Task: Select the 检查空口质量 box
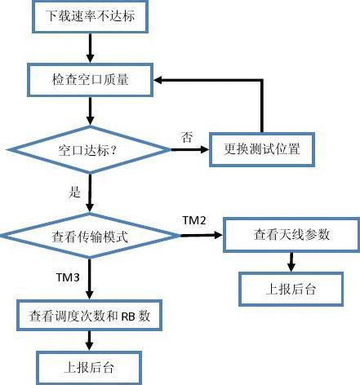click(90, 80)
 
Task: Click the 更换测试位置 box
click(261, 150)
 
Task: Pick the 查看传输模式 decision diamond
click(90, 237)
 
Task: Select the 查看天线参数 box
click(291, 235)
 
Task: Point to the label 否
click(187, 138)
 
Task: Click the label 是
click(76, 192)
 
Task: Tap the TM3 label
click(68, 277)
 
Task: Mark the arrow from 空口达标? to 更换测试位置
click(191, 151)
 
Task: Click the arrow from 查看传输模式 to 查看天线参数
click(201, 236)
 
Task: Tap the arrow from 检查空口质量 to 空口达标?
click(89, 111)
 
